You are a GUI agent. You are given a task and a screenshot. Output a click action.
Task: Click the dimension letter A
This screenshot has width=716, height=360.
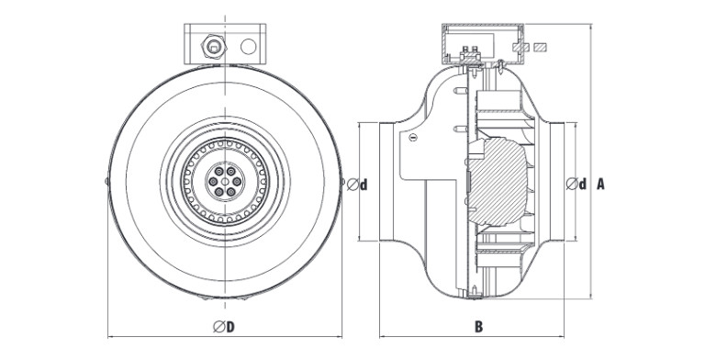[x=600, y=184]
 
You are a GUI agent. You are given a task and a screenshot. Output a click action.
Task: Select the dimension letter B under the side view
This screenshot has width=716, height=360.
[x=478, y=327]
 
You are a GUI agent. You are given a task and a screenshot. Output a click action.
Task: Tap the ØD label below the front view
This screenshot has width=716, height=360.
[x=224, y=327]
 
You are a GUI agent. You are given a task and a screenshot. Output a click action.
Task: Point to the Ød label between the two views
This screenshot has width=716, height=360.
[x=357, y=184]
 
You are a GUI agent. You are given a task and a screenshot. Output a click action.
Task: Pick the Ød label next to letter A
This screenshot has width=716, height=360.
[x=576, y=184]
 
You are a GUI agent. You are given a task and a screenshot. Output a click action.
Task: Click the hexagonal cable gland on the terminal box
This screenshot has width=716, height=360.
[x=214, y=46]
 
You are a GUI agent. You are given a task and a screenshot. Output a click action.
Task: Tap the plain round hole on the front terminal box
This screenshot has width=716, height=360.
[x=248, y=47]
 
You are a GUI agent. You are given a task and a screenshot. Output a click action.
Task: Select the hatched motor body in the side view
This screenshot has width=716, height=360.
[x=498, y=182]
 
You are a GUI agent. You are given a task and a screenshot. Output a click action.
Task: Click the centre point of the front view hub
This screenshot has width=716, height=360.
[x=225, y=181]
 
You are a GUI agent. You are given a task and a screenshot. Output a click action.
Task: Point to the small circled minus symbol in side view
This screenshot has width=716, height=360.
[x=413, y=137]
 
